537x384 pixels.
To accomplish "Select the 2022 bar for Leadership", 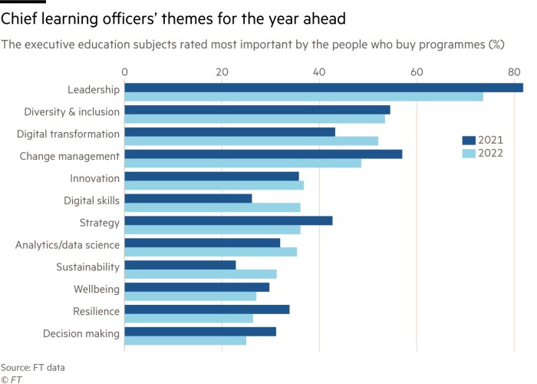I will click(304, 97).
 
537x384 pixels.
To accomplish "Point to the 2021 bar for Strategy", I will click(229, 220).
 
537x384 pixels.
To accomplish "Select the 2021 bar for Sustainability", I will click(180, 265).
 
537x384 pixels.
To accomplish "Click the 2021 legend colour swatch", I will click(469, 140).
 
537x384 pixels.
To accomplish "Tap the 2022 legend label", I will click(490, 154).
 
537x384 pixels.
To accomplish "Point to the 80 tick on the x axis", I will click(514, 72).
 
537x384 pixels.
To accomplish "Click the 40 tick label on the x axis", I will click(319, 72).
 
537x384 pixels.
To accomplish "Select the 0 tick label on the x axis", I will click(124, 72).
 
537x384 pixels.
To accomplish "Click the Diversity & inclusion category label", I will click(72, 112).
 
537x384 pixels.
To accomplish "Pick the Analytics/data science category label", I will click(68, 245).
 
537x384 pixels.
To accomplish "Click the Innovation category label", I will click(95, 179).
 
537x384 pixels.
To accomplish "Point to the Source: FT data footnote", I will click(32, 368).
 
